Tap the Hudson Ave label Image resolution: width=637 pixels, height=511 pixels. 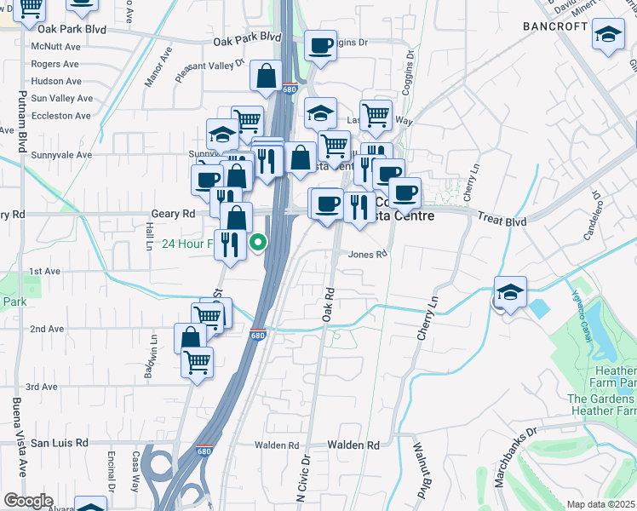coord(56,82)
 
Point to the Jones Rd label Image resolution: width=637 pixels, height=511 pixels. coord(368,254)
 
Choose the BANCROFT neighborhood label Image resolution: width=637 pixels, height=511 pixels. coord(555,26)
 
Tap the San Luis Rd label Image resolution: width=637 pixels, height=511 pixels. coord(60,443)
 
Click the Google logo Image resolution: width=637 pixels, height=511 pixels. coord(28,501)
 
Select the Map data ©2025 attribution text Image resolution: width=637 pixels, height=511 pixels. coord(600,504)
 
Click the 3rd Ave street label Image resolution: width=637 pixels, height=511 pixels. coord(41,387)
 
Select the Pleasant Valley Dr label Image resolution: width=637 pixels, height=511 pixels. coord(209,70)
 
